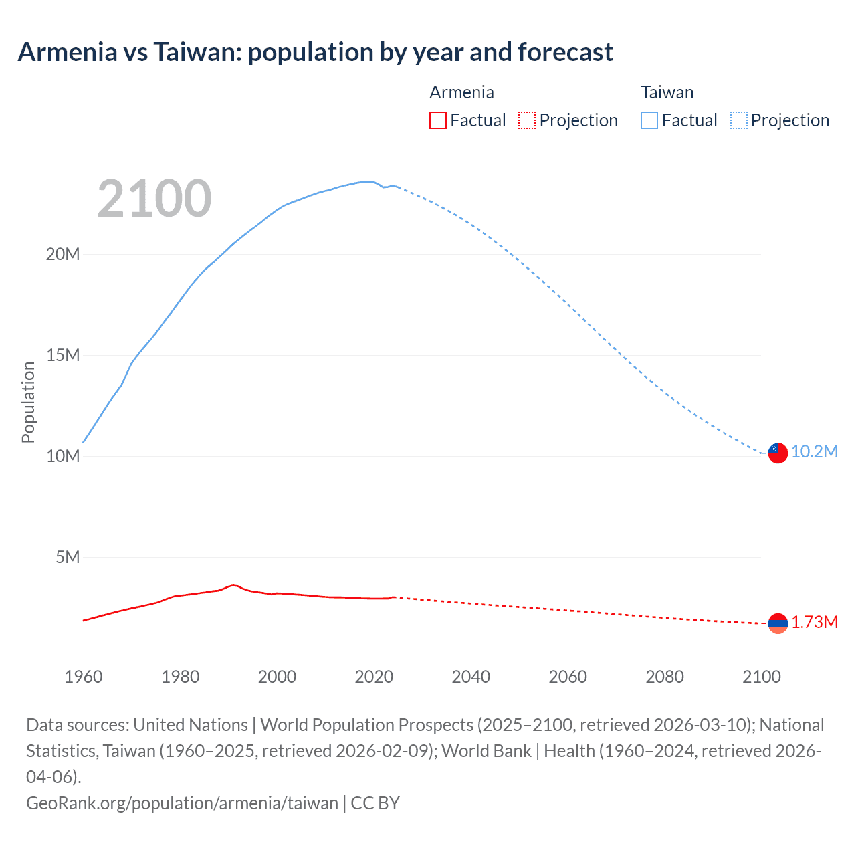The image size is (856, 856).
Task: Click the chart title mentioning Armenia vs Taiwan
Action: (315, 52)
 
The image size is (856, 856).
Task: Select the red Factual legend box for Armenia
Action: (437, 120)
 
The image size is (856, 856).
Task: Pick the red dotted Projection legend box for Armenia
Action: (527, 120)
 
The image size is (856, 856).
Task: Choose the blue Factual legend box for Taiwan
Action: (649, 120)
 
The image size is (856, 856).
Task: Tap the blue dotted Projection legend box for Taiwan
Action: (739, 120)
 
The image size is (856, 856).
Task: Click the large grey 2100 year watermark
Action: (154, 199)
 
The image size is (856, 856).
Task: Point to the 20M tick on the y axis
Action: (63, 255)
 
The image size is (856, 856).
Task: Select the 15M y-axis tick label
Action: (63, 356)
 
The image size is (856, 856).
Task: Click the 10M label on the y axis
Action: (63, 457)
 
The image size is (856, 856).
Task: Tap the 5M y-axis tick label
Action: (68, 558)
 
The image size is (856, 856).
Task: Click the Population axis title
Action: (28, 402)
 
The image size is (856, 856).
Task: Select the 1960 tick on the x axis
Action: (84, 677)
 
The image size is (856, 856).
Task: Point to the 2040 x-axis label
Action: (471, 677)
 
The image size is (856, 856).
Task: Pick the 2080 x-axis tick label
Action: (665, 677)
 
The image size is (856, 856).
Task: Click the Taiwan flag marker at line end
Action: (778, 453)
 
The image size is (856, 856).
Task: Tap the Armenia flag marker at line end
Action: (778, 623)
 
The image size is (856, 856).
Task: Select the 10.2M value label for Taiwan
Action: (815, 452)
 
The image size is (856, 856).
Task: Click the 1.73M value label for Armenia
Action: (815, 623)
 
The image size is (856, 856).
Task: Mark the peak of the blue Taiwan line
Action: (368, 181)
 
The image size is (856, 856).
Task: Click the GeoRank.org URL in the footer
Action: (182, 802)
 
